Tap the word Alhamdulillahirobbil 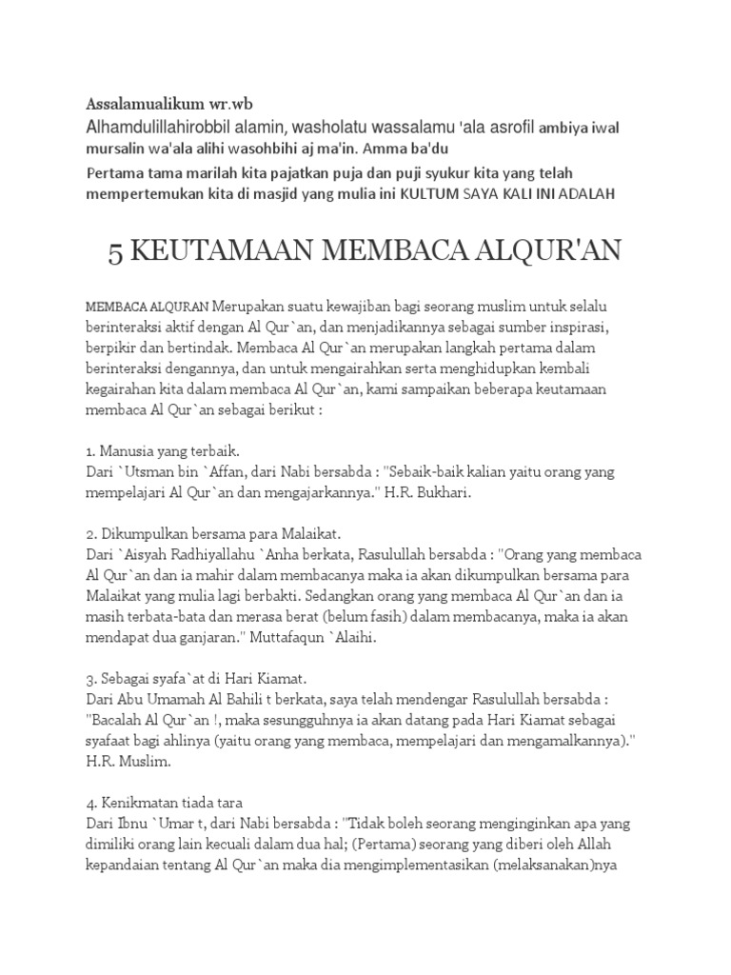(x=152, y=127)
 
